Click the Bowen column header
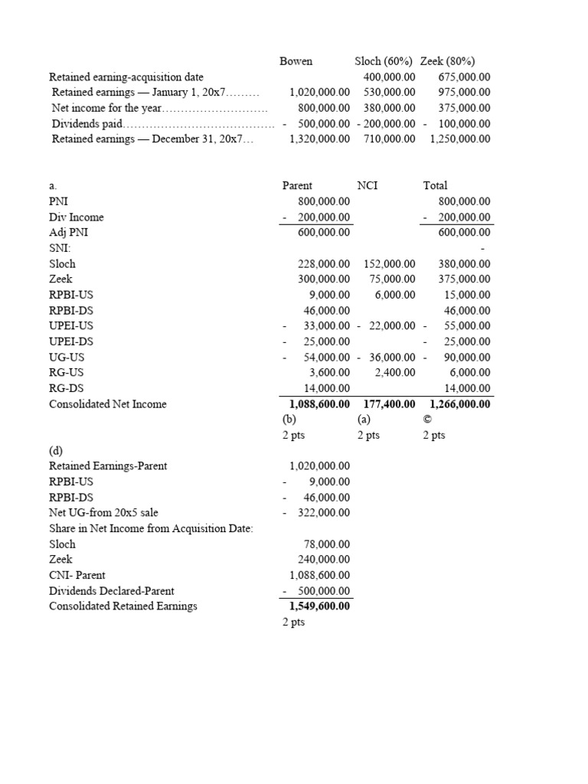296,61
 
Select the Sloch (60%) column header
384,61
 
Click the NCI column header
367,185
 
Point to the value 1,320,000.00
319,139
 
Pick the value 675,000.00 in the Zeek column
464,77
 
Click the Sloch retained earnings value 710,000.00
389,139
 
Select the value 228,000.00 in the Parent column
324,263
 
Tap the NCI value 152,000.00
389,263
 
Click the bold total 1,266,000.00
460,403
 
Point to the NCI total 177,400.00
389,403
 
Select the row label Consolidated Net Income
107,403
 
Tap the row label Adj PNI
66,232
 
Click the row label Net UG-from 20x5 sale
103,512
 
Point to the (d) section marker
57,450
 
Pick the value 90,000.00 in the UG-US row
467,357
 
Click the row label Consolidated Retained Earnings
122,606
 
